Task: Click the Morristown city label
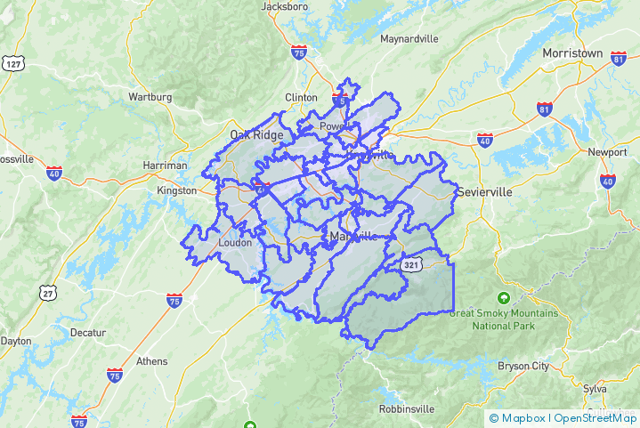click(x=572, y=53)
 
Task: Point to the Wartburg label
click(x=150, y=96)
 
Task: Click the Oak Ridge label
click(x=256, y=135)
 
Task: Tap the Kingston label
click(x=176, y=190)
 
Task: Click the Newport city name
click(x=607, y=152)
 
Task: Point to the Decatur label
click(x=87, y=333)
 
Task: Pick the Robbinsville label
click(x=406, y=408)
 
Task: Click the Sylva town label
click(x=595, y=389)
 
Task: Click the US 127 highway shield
click(x=12, y=64)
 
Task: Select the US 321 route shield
click(x=410, y=265)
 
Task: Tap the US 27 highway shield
click(x=47, y=292)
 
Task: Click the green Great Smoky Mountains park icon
click(x=504, y=297)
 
